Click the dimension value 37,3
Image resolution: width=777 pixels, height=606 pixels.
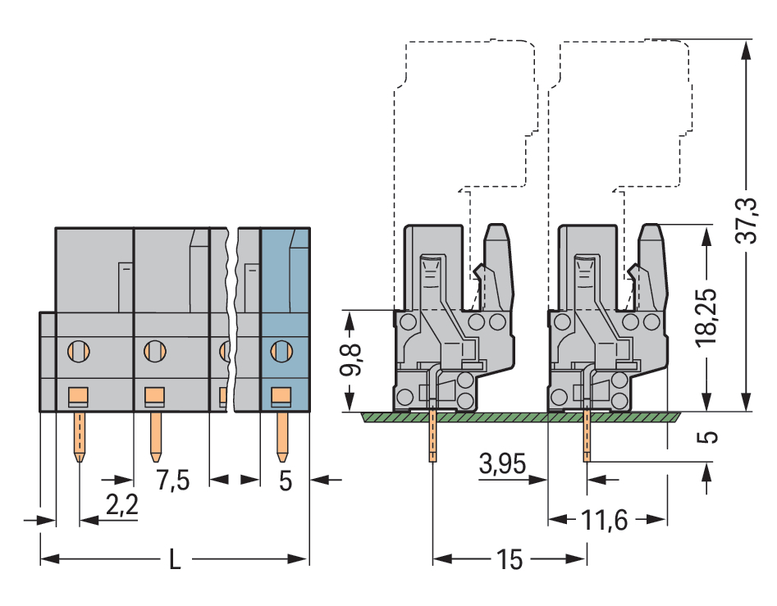point(744,221)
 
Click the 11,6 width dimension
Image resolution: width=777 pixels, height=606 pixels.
point(606,519)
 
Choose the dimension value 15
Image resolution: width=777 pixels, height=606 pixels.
point(509,560)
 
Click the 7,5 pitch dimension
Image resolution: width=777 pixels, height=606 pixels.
point(172,480)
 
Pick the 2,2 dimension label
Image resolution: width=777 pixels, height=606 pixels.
point(121,508)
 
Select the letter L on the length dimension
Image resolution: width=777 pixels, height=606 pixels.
point(175,560)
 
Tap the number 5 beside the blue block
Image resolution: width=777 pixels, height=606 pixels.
point(285,481)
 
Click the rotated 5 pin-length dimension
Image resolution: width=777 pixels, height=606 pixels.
point(707,436)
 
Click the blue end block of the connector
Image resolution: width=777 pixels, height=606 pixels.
point(285,320)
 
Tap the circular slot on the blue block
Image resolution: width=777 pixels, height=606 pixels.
point(281,352)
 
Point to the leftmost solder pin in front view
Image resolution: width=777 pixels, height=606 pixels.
point(79,435)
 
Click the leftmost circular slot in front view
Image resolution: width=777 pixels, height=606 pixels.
point(78,352)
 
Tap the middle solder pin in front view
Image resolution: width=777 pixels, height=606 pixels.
point(154,435)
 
